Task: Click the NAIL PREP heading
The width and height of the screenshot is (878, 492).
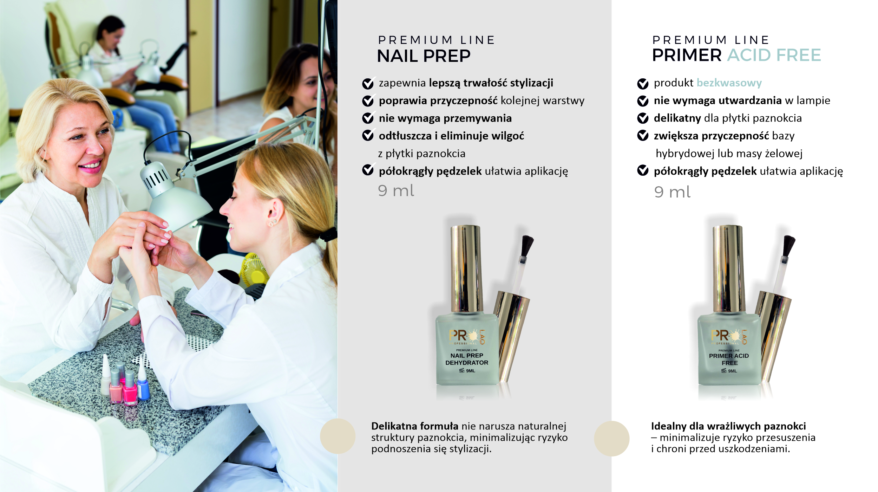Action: pos(424,56)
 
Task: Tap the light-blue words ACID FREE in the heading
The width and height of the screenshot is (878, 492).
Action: pos(774,55)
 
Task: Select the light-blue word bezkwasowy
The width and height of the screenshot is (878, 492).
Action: pos(729,83)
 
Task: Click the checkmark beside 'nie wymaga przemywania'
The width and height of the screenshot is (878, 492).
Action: pos(368,118)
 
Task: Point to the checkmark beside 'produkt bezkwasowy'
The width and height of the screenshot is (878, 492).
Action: pos(643,83)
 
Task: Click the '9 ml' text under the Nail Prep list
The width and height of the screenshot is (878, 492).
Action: pos(396,190)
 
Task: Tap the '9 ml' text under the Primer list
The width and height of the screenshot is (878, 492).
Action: pos(672,192)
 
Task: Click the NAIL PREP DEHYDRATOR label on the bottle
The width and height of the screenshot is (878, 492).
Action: pos(467,359)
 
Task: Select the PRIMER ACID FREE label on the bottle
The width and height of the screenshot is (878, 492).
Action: pos(729,359)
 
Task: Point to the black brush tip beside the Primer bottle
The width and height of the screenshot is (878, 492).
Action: pos(789,246)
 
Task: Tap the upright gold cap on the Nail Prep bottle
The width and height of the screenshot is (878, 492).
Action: pos(465,269)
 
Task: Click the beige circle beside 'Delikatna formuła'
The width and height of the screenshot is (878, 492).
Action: pos(338,436)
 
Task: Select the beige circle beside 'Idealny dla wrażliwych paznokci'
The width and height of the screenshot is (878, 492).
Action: pos(612,439)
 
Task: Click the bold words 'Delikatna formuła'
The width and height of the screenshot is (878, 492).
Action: pos(415,426)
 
